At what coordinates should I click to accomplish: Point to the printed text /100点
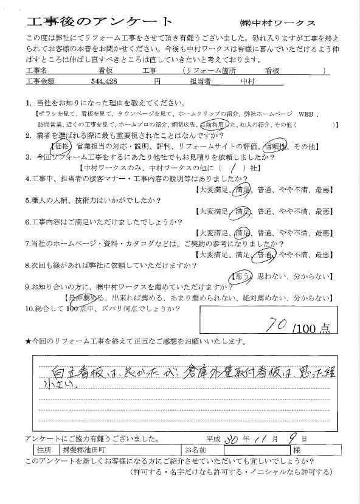[311, 328]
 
